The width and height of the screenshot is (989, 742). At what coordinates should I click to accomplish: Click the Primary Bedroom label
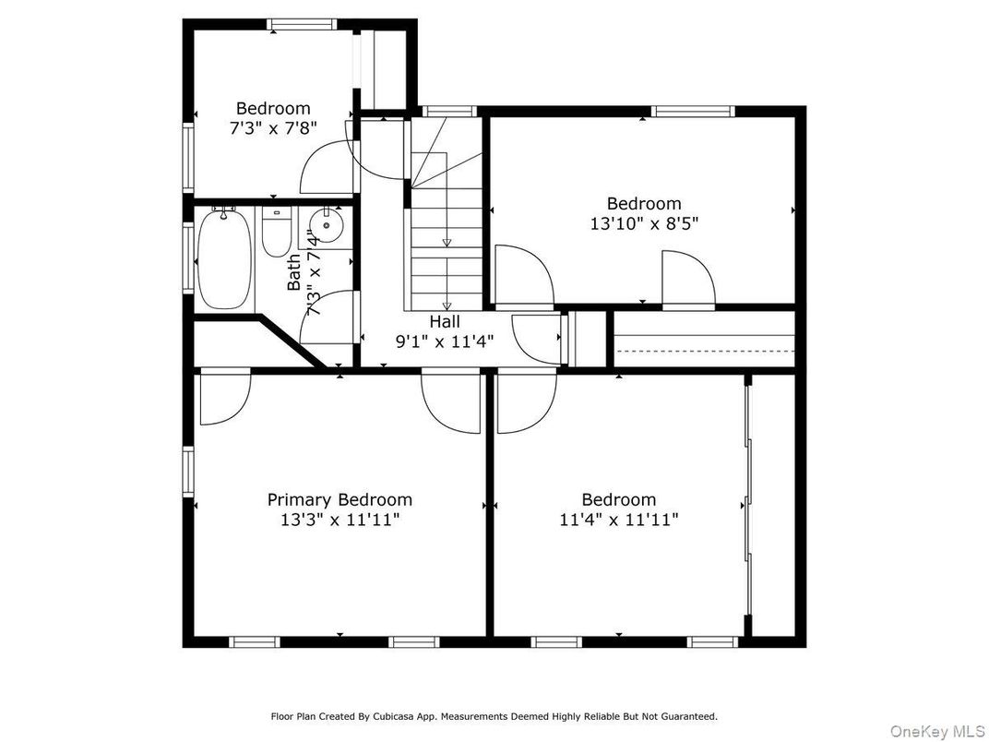click(340, 499)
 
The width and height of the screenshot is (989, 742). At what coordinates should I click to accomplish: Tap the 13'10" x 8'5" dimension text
click(644, 224)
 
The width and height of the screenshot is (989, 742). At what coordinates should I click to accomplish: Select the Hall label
click(445, 322)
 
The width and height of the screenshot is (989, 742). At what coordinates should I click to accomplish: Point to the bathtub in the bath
click(225, 260)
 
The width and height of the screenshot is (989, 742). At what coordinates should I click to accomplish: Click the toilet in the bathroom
click(276, 233)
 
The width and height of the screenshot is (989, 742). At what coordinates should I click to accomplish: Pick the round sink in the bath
click(326, 225)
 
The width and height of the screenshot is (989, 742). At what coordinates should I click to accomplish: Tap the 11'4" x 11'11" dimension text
click(619, 520)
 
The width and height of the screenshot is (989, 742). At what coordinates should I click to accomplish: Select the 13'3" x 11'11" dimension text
click(340, 520)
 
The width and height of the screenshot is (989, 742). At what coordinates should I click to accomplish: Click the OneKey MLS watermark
click(936, 731)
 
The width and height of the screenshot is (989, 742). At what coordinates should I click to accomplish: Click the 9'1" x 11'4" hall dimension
click(445, 342)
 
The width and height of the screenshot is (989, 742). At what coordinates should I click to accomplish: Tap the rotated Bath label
click(294, 272)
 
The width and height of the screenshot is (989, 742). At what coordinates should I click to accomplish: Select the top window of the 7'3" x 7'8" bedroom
click(302, 25)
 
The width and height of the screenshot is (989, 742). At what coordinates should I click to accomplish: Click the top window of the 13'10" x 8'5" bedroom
click(693, 112)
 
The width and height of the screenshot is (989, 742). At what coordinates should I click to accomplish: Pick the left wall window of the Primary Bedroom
click(188, 472)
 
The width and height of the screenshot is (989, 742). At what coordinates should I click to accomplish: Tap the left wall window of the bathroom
click(188, 257)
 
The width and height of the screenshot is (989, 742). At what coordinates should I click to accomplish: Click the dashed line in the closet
click(705, 350)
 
